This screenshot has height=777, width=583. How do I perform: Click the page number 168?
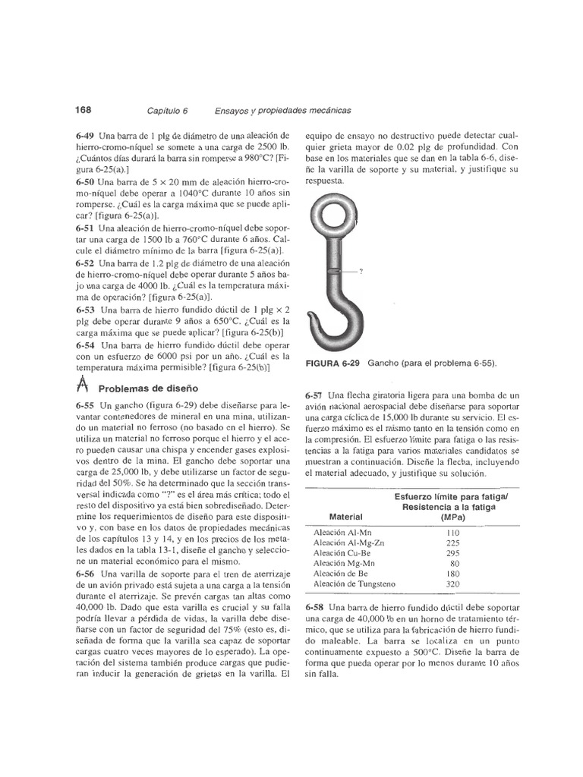[x=83, y=109]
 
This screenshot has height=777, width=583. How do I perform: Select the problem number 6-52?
[x=86, y=263]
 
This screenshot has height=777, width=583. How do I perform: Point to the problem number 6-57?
[x=315, y=395]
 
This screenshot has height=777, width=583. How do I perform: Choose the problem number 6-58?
[x=315, y=609]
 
